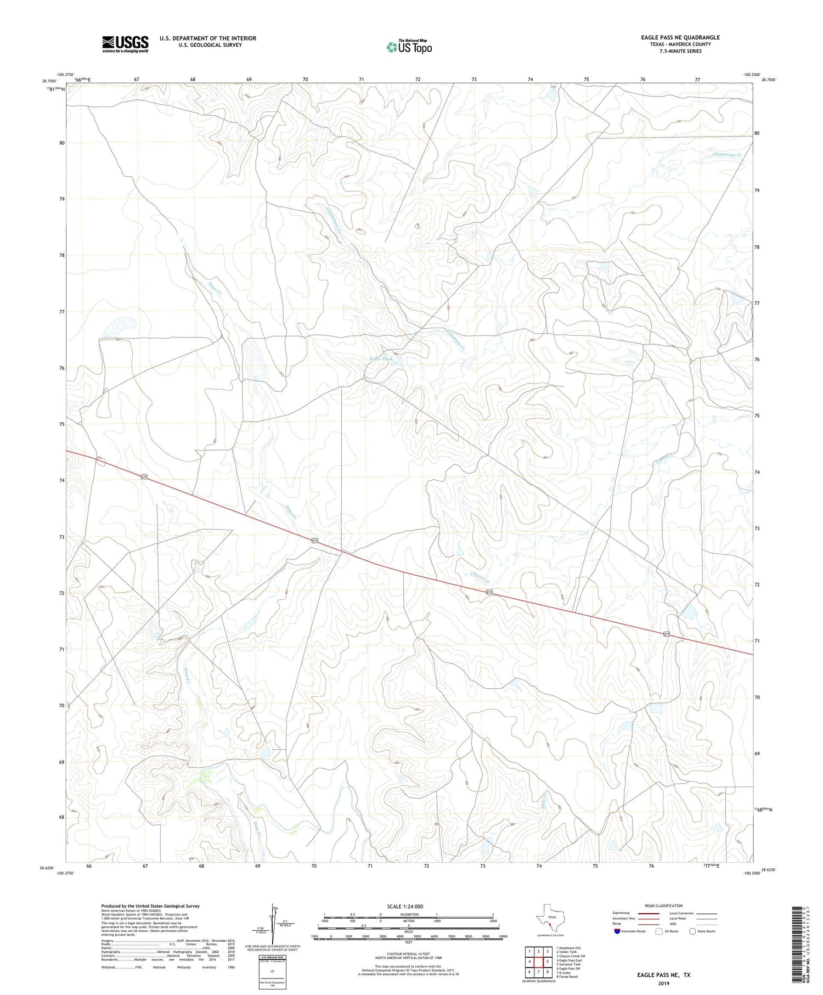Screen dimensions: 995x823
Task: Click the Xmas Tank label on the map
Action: point(381,359)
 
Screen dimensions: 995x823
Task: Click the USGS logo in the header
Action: point(125,44)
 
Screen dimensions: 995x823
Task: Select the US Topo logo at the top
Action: point(409,47)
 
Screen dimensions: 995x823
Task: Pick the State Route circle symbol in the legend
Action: point(692,931)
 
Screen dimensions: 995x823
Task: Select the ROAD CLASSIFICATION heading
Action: point(664,906)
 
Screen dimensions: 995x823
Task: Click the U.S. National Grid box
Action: point(272,972)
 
